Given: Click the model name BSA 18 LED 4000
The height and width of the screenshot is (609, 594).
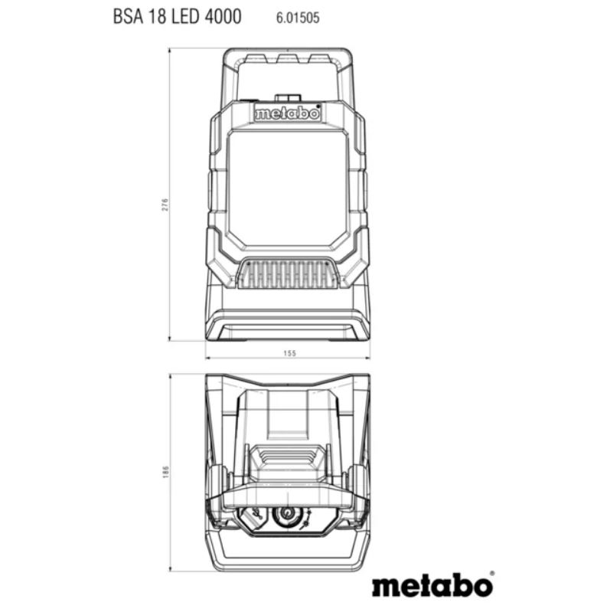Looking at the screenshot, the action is (178, 17).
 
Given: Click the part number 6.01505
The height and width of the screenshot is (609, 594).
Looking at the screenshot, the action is (298, 18).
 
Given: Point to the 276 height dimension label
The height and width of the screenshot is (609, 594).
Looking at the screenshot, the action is (165, 205).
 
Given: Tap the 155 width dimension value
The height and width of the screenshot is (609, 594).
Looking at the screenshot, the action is (289, 353).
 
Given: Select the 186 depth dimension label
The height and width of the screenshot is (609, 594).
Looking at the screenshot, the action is (165, 472).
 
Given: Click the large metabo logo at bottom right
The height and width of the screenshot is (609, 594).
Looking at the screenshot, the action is (432, 586).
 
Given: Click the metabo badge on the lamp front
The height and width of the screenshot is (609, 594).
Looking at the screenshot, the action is (288, 114).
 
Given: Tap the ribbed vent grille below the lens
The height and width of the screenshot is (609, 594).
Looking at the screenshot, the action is (288, 275).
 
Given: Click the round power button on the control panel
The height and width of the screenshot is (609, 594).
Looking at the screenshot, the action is (287, 516).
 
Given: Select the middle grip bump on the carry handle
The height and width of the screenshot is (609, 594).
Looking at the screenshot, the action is (288, 59).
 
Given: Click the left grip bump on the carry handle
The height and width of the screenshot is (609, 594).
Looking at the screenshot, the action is (256, 59).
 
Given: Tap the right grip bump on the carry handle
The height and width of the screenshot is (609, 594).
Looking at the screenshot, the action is (320, 59).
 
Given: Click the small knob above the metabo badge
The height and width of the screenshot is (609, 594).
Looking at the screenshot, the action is (288, 97).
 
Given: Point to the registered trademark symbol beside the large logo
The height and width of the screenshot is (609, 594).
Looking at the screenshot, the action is (492, 574).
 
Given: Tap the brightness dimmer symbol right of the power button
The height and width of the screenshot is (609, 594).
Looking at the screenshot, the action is (306, 519).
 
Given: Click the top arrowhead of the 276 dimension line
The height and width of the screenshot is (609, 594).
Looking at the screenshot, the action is (169, 50).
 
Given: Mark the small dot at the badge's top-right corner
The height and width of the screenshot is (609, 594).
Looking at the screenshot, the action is (318, 106).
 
